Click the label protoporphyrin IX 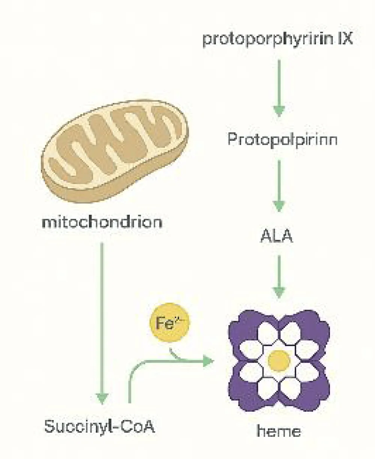[277, 39]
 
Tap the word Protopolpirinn [282, 139]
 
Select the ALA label [276, 237]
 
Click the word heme [279, 431]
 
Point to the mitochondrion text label [102, 222]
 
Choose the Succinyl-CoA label [99, 427]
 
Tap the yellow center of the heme [279, 360]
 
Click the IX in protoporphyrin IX [344, 39]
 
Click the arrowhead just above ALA [279, 205]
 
